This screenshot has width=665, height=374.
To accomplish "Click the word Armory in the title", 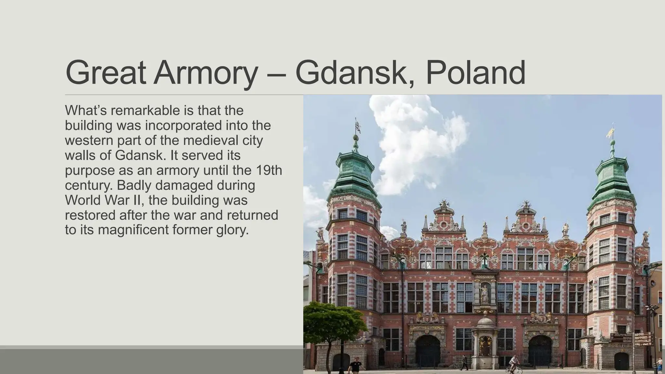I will point(206,73).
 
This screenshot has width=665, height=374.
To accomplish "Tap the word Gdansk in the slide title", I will point(355,73).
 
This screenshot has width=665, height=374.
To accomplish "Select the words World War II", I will point(104,200).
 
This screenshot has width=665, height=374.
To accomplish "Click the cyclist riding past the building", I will point(514,364).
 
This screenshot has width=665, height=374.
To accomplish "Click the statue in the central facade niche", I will point(484,293).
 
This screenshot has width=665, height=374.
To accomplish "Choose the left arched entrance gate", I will point(428,351).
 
